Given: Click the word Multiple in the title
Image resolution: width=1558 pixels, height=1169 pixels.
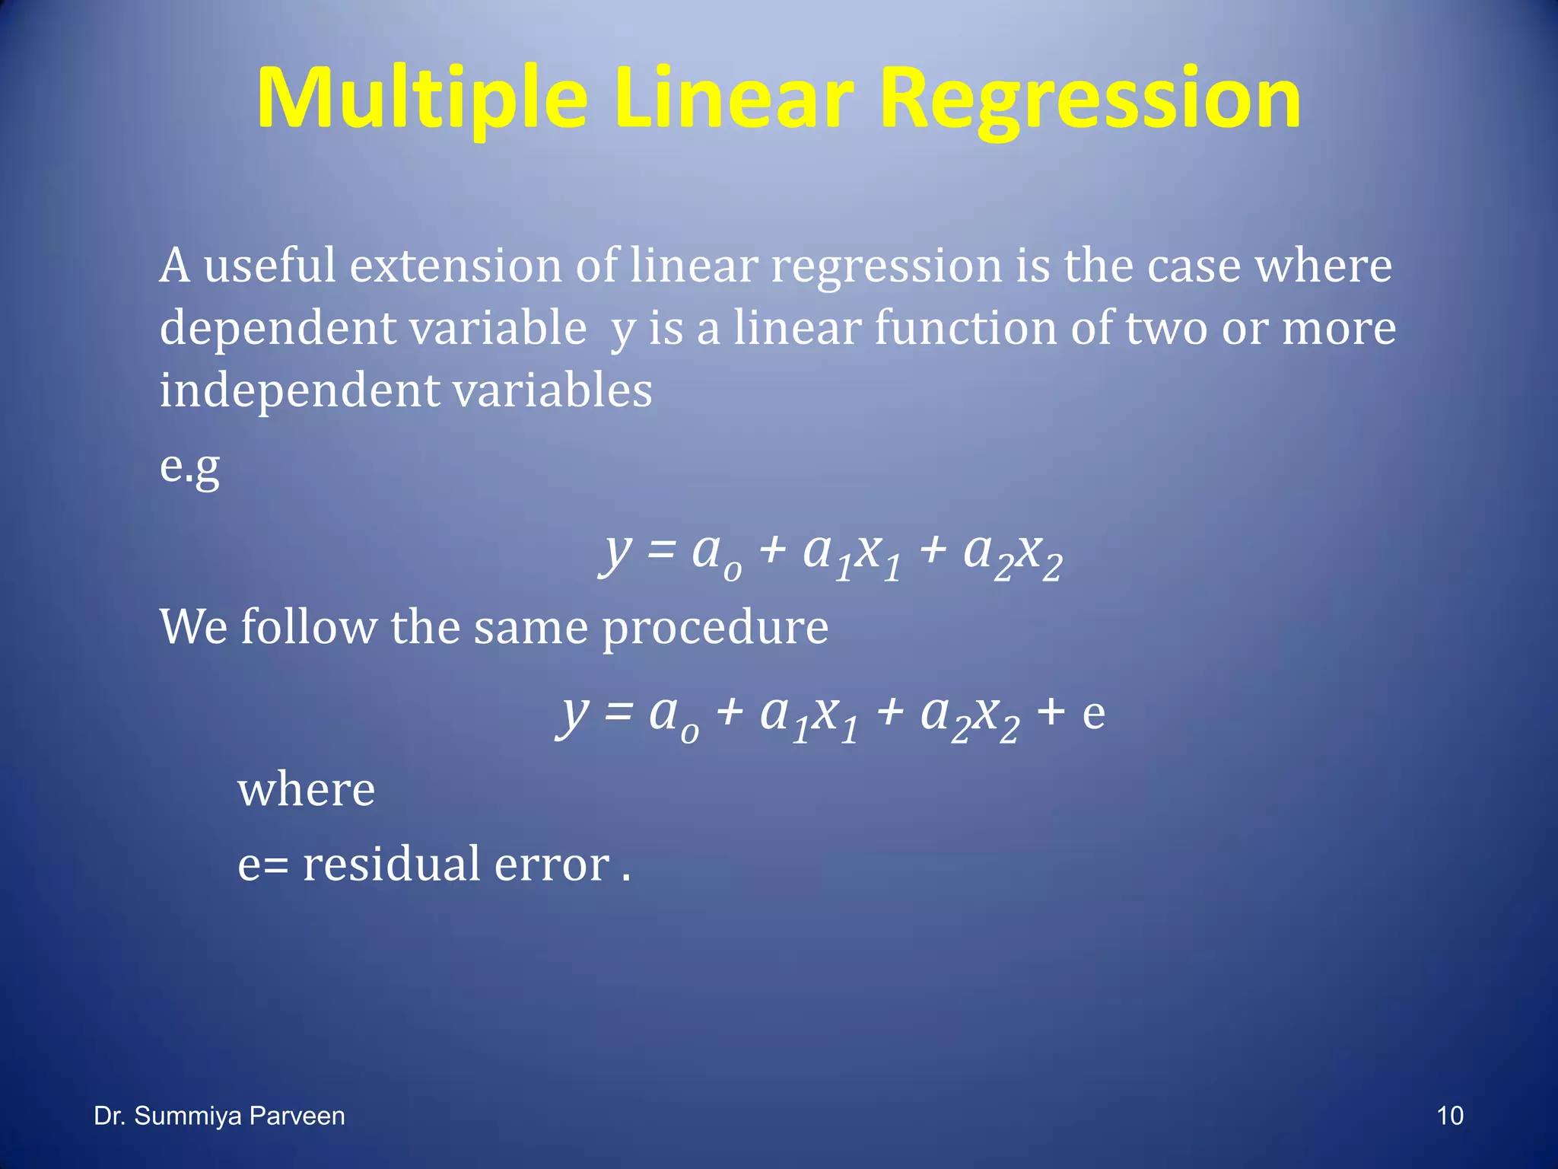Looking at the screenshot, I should (423, 99).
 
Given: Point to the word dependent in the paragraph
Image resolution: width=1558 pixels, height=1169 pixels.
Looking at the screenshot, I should (278, 329).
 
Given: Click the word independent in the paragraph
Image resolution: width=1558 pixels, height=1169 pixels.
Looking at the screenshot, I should (299, 391).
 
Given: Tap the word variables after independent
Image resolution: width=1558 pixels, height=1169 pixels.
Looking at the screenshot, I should (552, 391).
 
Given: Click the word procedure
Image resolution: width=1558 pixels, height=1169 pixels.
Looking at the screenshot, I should (715, 628).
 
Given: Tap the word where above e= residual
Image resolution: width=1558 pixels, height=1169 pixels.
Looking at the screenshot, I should (307, 790).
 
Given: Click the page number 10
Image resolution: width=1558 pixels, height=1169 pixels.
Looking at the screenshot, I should (1450, 1116).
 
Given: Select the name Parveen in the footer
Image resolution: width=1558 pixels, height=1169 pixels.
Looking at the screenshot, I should (297, 1116).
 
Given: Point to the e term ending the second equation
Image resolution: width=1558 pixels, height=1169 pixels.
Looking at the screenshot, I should (1094, 714).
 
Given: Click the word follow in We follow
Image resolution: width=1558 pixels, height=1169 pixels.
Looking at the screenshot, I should (308, 628).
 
